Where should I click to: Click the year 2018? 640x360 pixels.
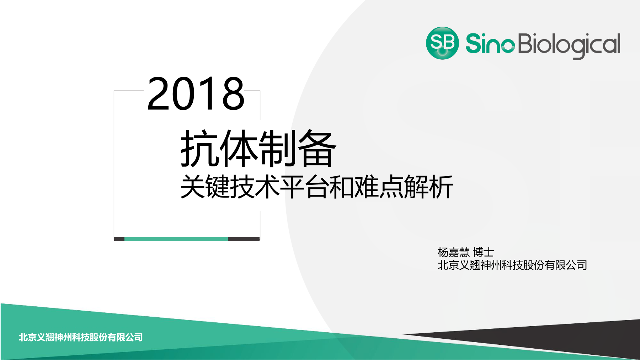point(196,94)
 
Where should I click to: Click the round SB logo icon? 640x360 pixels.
point(442,43)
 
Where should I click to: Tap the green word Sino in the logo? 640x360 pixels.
point(490,44)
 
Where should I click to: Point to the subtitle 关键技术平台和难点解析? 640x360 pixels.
point(317,187)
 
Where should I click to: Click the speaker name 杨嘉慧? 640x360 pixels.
point(454,252)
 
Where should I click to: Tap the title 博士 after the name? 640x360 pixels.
point(484,252)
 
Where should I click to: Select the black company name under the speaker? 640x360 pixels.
point(512,265)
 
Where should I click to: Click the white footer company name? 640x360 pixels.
point(81,337)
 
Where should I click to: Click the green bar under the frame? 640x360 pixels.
point(176,239)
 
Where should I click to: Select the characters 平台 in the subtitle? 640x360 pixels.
point(304,187)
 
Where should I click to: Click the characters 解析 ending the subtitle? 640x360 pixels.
point(429,187)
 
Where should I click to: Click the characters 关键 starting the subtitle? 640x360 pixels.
point(205,187)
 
